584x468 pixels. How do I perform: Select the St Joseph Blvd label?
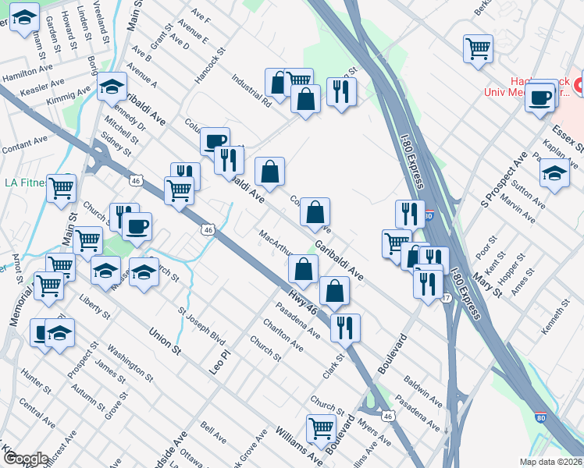tap(201, 328)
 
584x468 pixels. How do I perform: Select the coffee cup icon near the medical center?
tap(539, 97)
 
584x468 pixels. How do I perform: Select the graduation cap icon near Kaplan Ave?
tap(554, 172)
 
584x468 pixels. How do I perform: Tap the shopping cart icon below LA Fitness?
tap(62, 188)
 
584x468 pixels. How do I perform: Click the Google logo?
tap(25, 459)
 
